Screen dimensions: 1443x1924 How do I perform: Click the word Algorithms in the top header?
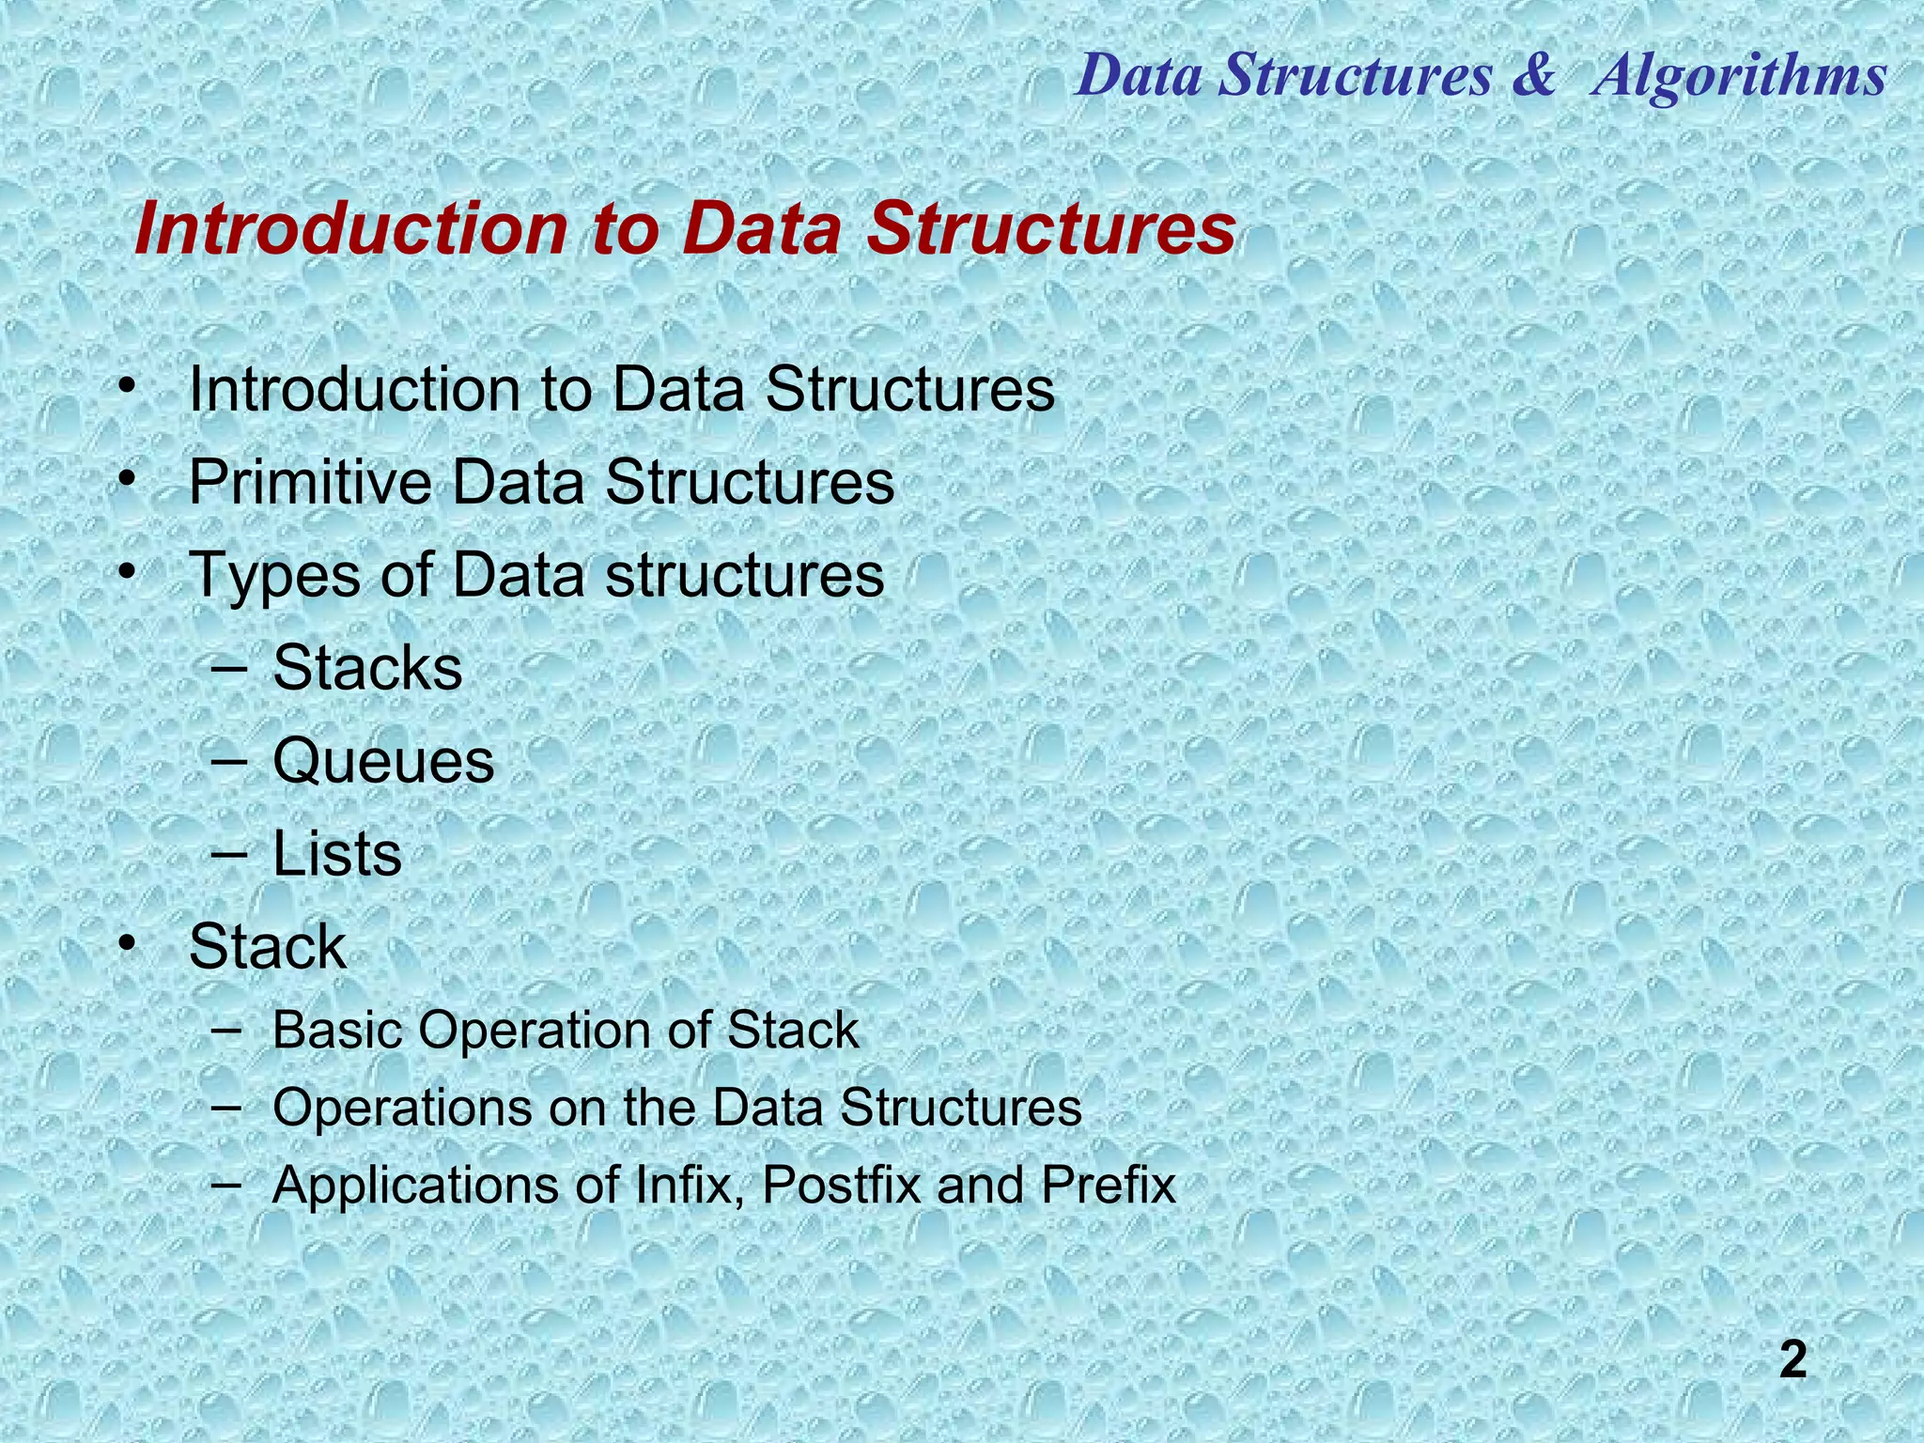click(x=1740, y=75)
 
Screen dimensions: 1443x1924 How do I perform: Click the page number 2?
click(x=1792, y=1361)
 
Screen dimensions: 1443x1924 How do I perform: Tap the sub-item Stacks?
click(x=367, y=668)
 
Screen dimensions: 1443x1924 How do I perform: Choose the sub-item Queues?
click(x=383, y=761)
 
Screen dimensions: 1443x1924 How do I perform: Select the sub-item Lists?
click(x=336, y=854)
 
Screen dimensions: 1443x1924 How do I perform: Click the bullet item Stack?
click(x=268, y=947)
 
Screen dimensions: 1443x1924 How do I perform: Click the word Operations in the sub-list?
click(x=402, y=1109)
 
